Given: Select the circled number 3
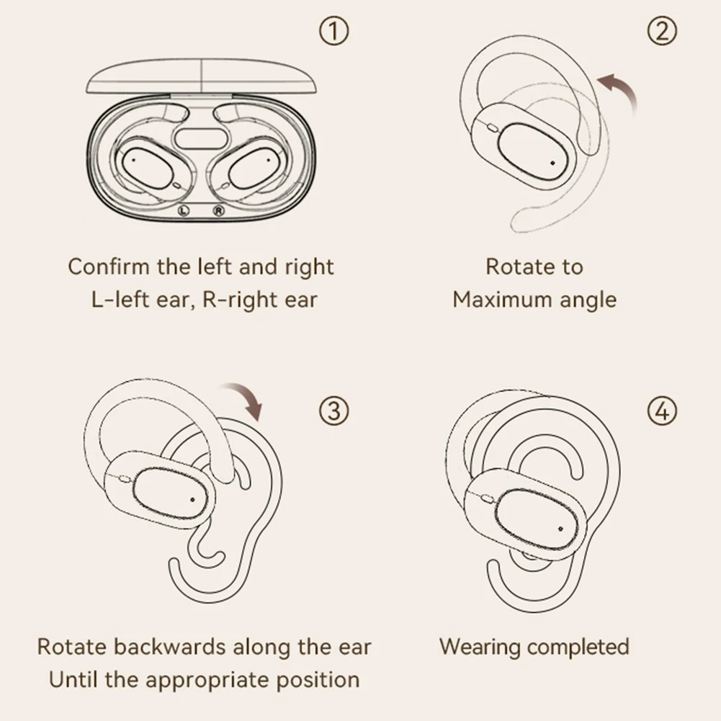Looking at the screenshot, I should click(x=333, y=411).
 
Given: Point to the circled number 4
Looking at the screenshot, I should click(x=663, y=411).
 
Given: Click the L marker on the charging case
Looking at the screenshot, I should click(x=184, y=210).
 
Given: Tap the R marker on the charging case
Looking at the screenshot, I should click(x=218, y=210).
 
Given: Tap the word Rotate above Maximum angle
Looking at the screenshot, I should click(x=513, y=267).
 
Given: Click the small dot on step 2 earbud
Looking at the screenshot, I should click(x=552, y=162).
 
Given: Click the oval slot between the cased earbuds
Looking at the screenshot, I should click(x=201, y=139).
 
